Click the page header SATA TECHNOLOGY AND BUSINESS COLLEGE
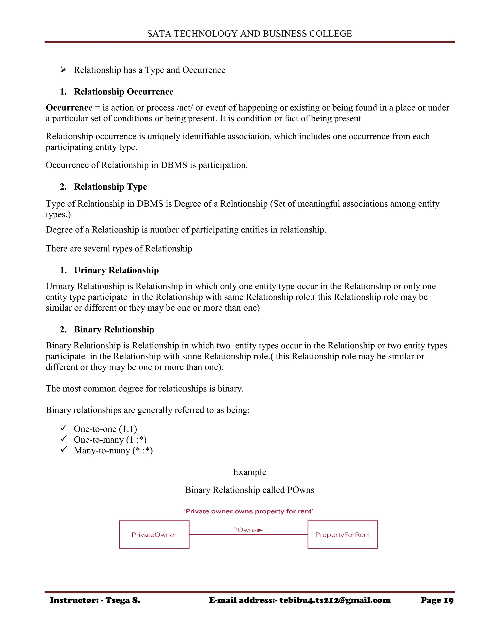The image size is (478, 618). [x=249, y=34]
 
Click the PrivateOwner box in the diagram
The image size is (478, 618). [x=154, y=535]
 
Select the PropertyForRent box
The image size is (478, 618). [x=343, y=535]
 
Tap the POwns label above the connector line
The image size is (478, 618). [x=245, y=530]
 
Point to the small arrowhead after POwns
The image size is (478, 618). [x=260, y=530]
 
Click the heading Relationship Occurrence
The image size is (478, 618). [x=123, y=92]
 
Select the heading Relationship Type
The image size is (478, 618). [x=110, y=187]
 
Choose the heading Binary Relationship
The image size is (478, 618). [x=114, y=329]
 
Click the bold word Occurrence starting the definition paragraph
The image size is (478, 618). [x=69, y=108]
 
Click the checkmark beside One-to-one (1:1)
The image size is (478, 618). [x=63, y=428]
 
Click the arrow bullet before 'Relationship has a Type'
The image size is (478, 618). [x=63, y=69]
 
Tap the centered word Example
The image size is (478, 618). [x=250, y=472]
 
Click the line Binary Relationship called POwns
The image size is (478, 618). [x=250, y=490]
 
